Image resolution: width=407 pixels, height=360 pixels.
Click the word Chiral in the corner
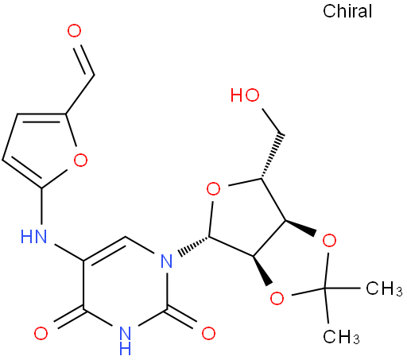(x=347, y=11)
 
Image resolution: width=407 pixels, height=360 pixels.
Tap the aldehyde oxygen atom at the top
(x=74, y=31)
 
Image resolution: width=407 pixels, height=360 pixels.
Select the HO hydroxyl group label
(x=245, y=95)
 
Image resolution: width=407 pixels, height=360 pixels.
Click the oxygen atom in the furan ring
(x=80, y=160)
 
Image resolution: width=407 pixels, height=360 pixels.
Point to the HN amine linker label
(x=33, y=237)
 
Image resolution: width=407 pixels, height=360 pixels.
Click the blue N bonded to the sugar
(x=167, y=261)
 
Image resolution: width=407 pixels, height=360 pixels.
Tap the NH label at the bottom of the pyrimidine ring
(x=126, y=341)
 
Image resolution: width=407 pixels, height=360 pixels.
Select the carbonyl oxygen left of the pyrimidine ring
(x=41, y=334)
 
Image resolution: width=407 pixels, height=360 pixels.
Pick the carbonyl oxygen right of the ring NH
(x=208, y=333)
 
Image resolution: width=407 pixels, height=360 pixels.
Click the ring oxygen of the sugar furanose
(x=213, y=189)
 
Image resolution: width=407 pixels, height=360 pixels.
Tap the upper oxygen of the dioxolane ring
(x=329, y=241)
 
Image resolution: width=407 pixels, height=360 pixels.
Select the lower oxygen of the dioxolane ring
(x=277, y=298)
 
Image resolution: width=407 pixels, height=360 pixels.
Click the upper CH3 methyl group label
(x=384, y=288)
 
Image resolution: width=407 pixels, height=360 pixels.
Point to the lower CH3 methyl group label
(x=341, y=337)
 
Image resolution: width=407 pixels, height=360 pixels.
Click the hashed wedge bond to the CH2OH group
(x=272, y=157)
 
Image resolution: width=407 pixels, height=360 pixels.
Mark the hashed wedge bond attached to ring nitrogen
(x=193, y=246)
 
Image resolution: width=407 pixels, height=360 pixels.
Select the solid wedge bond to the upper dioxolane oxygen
(x=300, y=227)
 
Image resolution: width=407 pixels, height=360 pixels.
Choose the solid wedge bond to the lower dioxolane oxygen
(x=262, y=270)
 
